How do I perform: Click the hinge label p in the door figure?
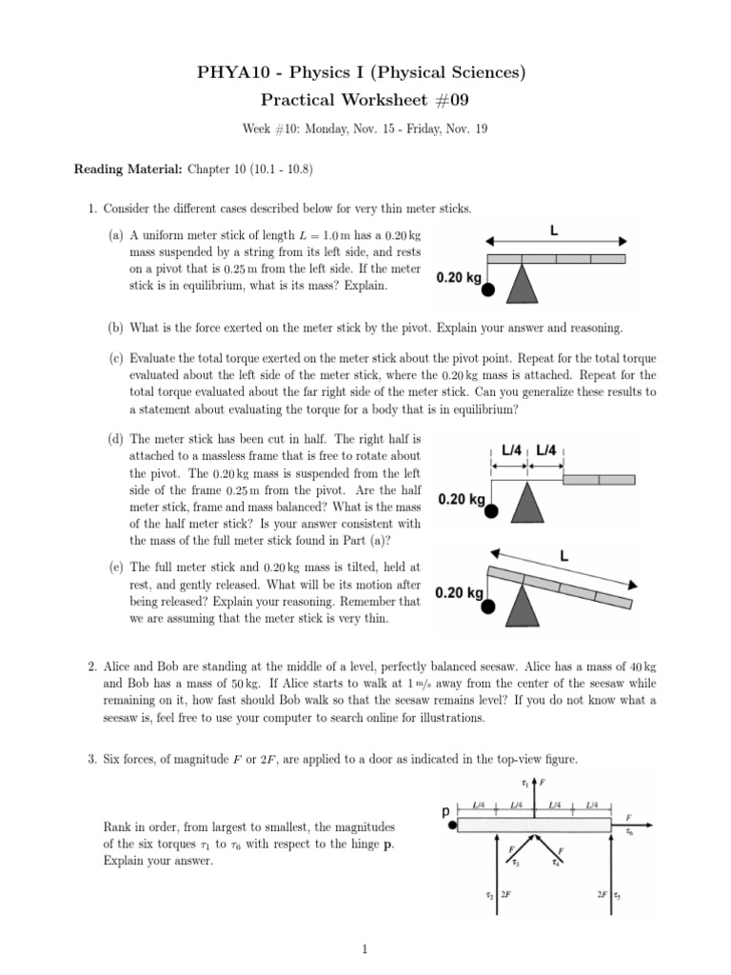tap(445, 812)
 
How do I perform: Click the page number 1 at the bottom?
tap(365, 948)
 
